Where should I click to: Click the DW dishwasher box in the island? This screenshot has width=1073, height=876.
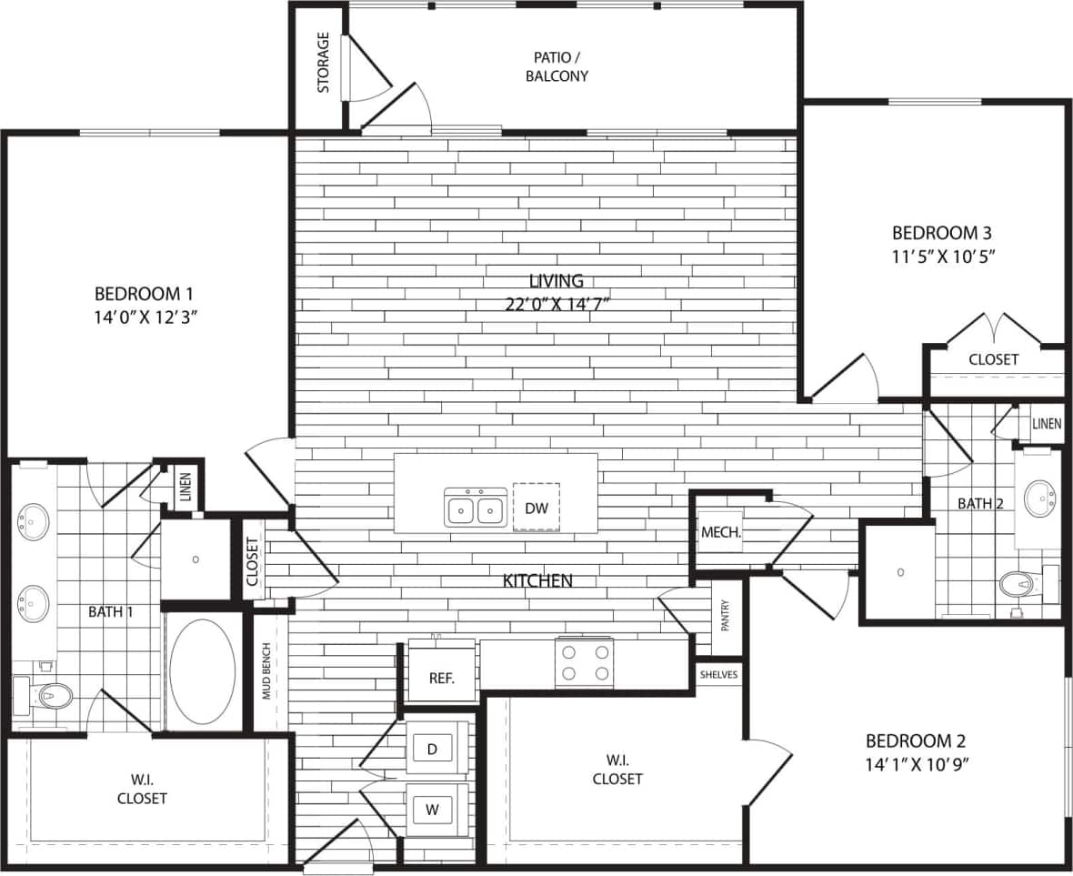536,507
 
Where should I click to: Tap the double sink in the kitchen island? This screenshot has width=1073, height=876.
476,507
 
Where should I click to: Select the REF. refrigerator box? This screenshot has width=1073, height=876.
440,678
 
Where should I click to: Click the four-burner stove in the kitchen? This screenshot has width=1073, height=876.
585,661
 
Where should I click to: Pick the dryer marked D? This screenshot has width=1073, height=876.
433,749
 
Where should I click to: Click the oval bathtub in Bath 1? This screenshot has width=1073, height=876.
202,670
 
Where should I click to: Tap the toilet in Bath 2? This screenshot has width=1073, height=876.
1018,584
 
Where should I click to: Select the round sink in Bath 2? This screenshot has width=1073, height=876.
1040,498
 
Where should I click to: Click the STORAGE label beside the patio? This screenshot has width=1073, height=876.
324,63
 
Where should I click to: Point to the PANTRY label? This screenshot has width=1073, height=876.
725,619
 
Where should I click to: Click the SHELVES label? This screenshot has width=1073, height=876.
719,674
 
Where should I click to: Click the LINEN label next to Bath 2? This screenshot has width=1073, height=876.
1047,424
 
